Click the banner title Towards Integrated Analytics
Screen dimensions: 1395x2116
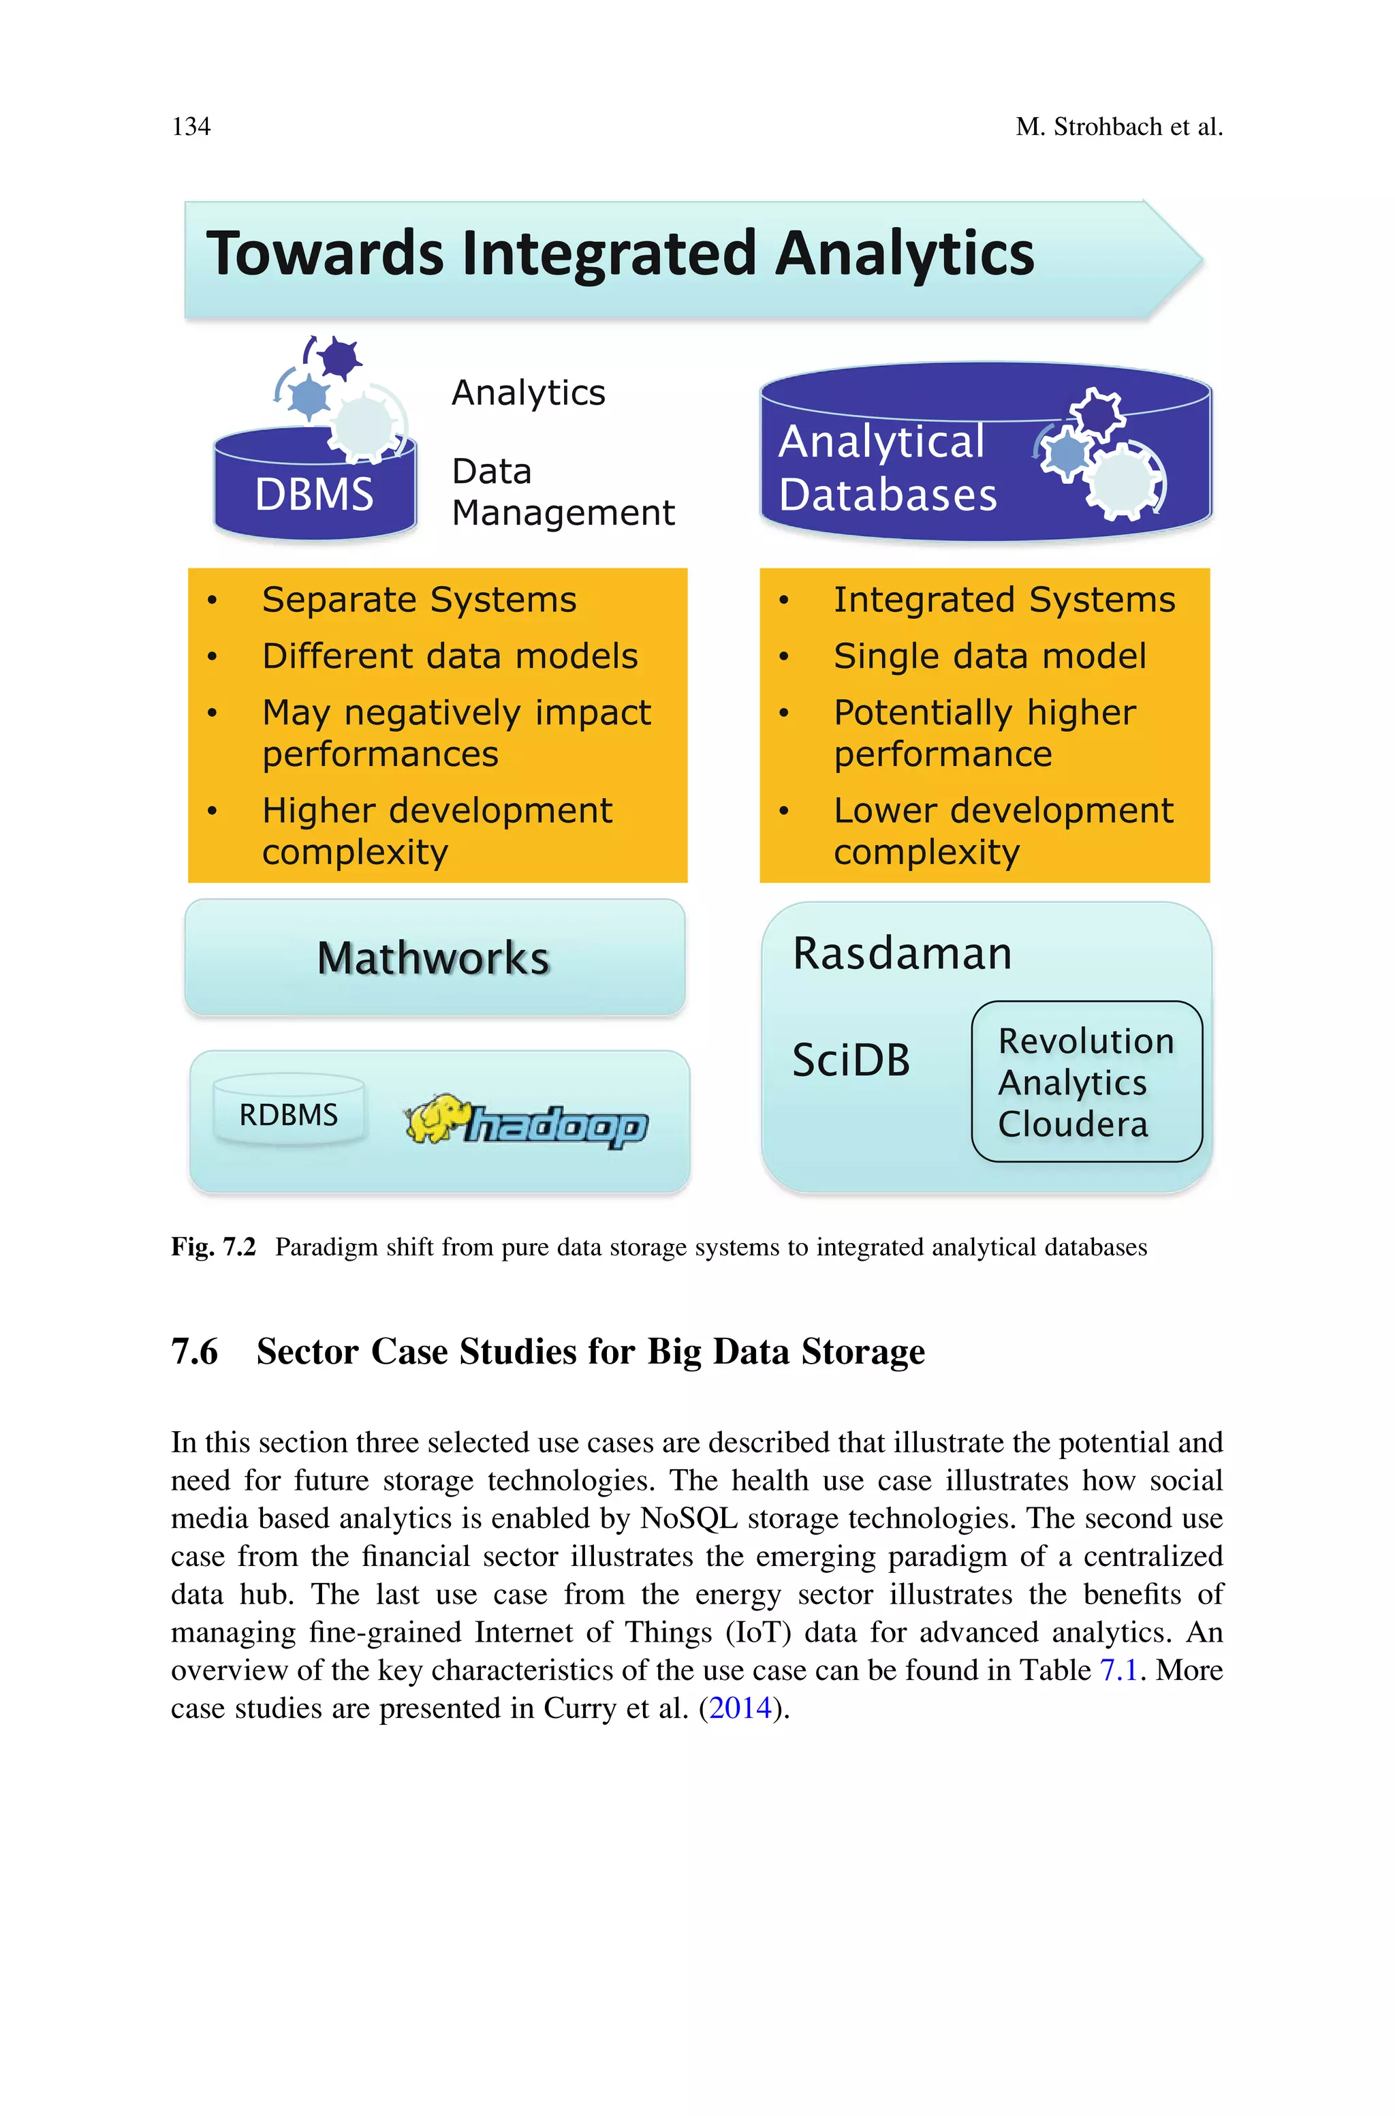point(620,254)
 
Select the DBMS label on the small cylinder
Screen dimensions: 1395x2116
point(314,495)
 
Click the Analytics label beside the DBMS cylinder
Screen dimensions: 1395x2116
point(529,393)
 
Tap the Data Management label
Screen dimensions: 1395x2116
point(562,492)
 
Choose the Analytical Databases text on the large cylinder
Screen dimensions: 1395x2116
point(887,468)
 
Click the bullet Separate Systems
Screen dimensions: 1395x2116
point(419,600)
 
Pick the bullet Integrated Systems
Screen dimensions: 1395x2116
point(1003,600)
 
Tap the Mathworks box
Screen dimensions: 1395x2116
point(434,958)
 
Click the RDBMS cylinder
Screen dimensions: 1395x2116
point(289,1112)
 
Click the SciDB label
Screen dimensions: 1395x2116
point(851,1060)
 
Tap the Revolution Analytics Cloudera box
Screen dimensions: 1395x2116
point(1086,1082)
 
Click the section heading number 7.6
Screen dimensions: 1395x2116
point(194,1351)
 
